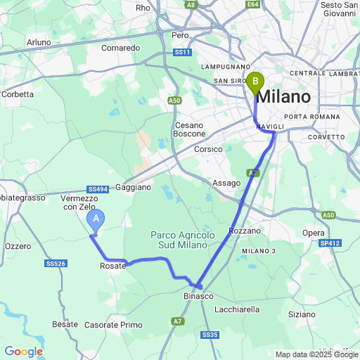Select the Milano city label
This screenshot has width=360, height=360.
[283, 96]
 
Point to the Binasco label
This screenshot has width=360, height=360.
[199, 297]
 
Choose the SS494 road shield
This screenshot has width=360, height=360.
[98, 189]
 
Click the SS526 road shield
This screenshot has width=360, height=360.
[55, 264]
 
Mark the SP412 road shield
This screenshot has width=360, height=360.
[330, 243]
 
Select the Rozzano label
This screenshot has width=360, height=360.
[245, 231]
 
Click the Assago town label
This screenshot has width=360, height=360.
[226, 183]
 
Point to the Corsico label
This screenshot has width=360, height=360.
[209, 149]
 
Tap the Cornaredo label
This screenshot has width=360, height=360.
[120, 48]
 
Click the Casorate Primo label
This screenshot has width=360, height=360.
[113, 325]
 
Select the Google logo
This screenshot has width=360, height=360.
[23, 352]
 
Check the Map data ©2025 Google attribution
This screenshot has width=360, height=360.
[316, 354]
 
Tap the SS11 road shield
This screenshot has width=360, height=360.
[182, 53]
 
